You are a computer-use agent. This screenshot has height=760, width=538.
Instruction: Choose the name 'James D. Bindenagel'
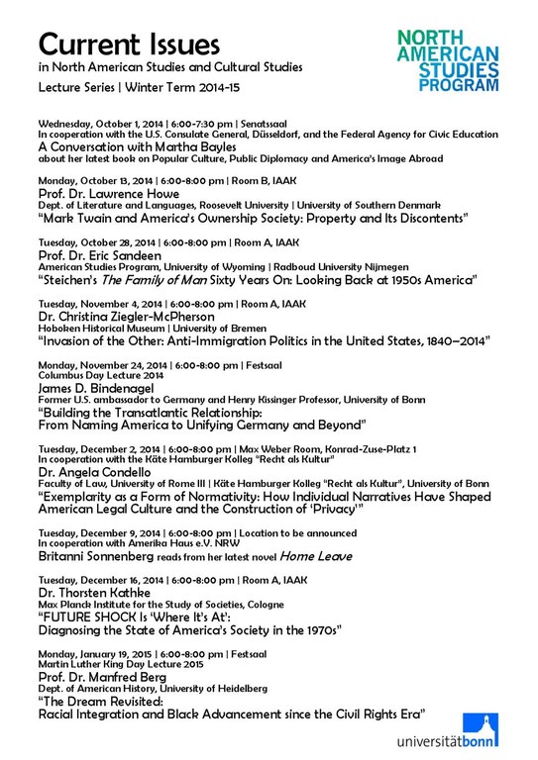104,388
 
